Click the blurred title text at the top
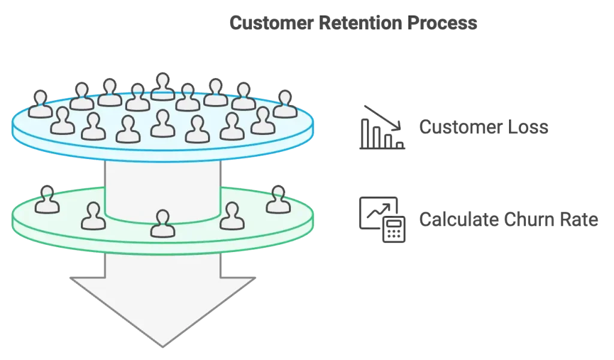(353, 25)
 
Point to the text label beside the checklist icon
(508, 220)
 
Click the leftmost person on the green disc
(47, 200)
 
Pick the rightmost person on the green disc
(278, 200)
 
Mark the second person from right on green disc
(232, 217)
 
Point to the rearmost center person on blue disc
(162, 86)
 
